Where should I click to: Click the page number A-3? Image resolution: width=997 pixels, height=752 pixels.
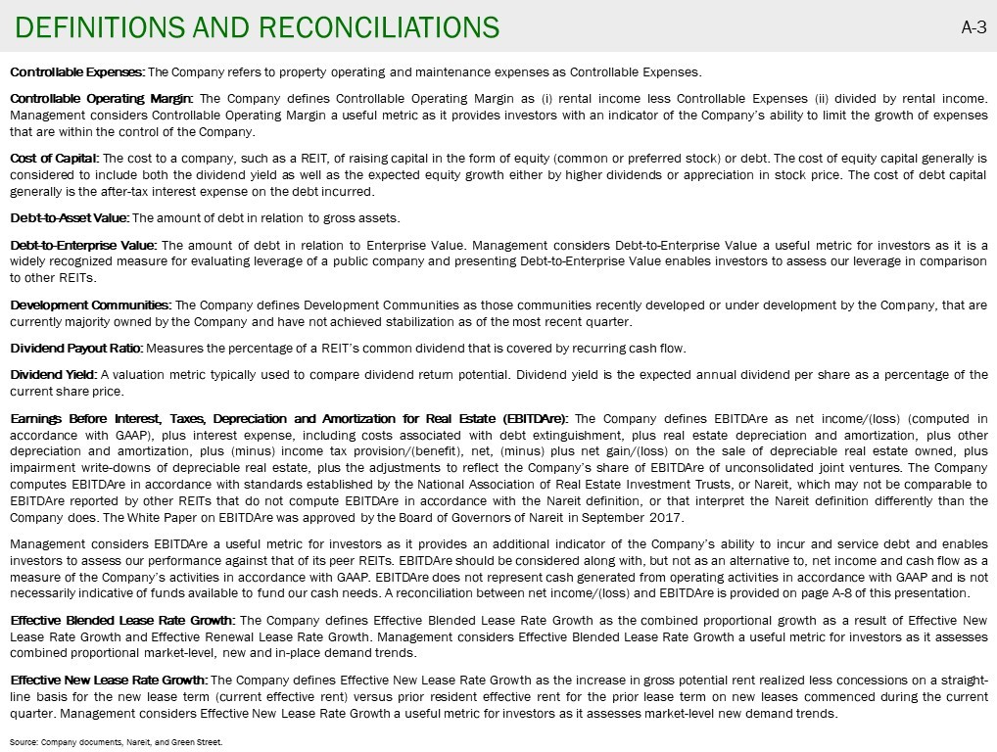[x=973, y=27]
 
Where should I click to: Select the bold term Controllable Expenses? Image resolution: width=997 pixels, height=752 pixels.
[x=77, y=71]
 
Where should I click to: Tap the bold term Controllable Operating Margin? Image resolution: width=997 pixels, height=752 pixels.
[x=102, y=98]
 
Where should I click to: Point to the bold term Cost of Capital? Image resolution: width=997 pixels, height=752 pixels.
[x=55, y=158]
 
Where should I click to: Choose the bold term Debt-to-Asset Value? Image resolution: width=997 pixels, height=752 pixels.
[x=70, y=217]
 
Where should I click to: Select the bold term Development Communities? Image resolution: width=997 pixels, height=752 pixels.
[x=91, y=305]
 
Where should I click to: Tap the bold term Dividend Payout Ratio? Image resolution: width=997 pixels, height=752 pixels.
[x=76, y=348]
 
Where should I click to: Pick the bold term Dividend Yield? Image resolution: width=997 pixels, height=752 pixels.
[x=54, y=374]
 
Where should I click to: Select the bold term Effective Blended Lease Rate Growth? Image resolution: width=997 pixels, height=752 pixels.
[x=122, y=620]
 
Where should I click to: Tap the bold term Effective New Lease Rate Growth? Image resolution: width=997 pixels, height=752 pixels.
[x=109, y=680]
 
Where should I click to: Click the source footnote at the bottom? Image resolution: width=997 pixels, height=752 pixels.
[x=117, y=742]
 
